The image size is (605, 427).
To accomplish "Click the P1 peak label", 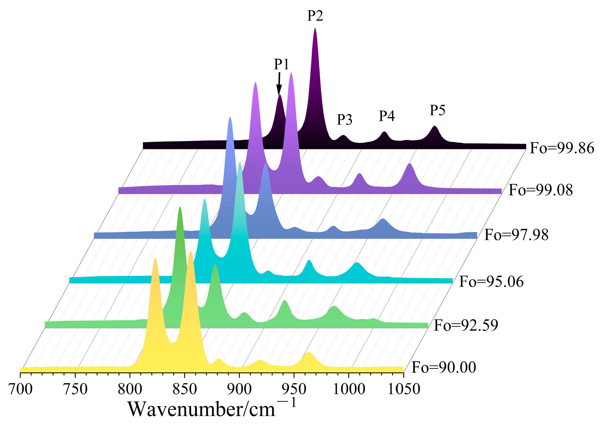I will (281, 64).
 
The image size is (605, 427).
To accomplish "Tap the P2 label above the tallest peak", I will (315, 16).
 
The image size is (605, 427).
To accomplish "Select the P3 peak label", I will (345, 120).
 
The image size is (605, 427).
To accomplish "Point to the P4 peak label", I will (387, 116).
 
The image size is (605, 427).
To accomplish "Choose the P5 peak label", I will (437, 110).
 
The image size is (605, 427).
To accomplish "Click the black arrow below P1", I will (279, 84).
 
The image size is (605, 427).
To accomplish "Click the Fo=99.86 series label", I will (562, 148).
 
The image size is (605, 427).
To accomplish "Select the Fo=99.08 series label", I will (541, 190).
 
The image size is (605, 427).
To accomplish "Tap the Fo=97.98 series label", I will (516, 235).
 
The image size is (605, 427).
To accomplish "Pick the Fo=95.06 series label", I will (491, 282).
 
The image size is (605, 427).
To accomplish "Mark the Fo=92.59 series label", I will (466, 325).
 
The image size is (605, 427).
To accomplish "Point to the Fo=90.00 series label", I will (444, 367).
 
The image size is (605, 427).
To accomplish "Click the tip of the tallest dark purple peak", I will (315, 28).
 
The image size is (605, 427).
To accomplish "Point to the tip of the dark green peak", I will (180, 207).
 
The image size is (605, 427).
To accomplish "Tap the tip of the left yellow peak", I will (155, 259).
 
